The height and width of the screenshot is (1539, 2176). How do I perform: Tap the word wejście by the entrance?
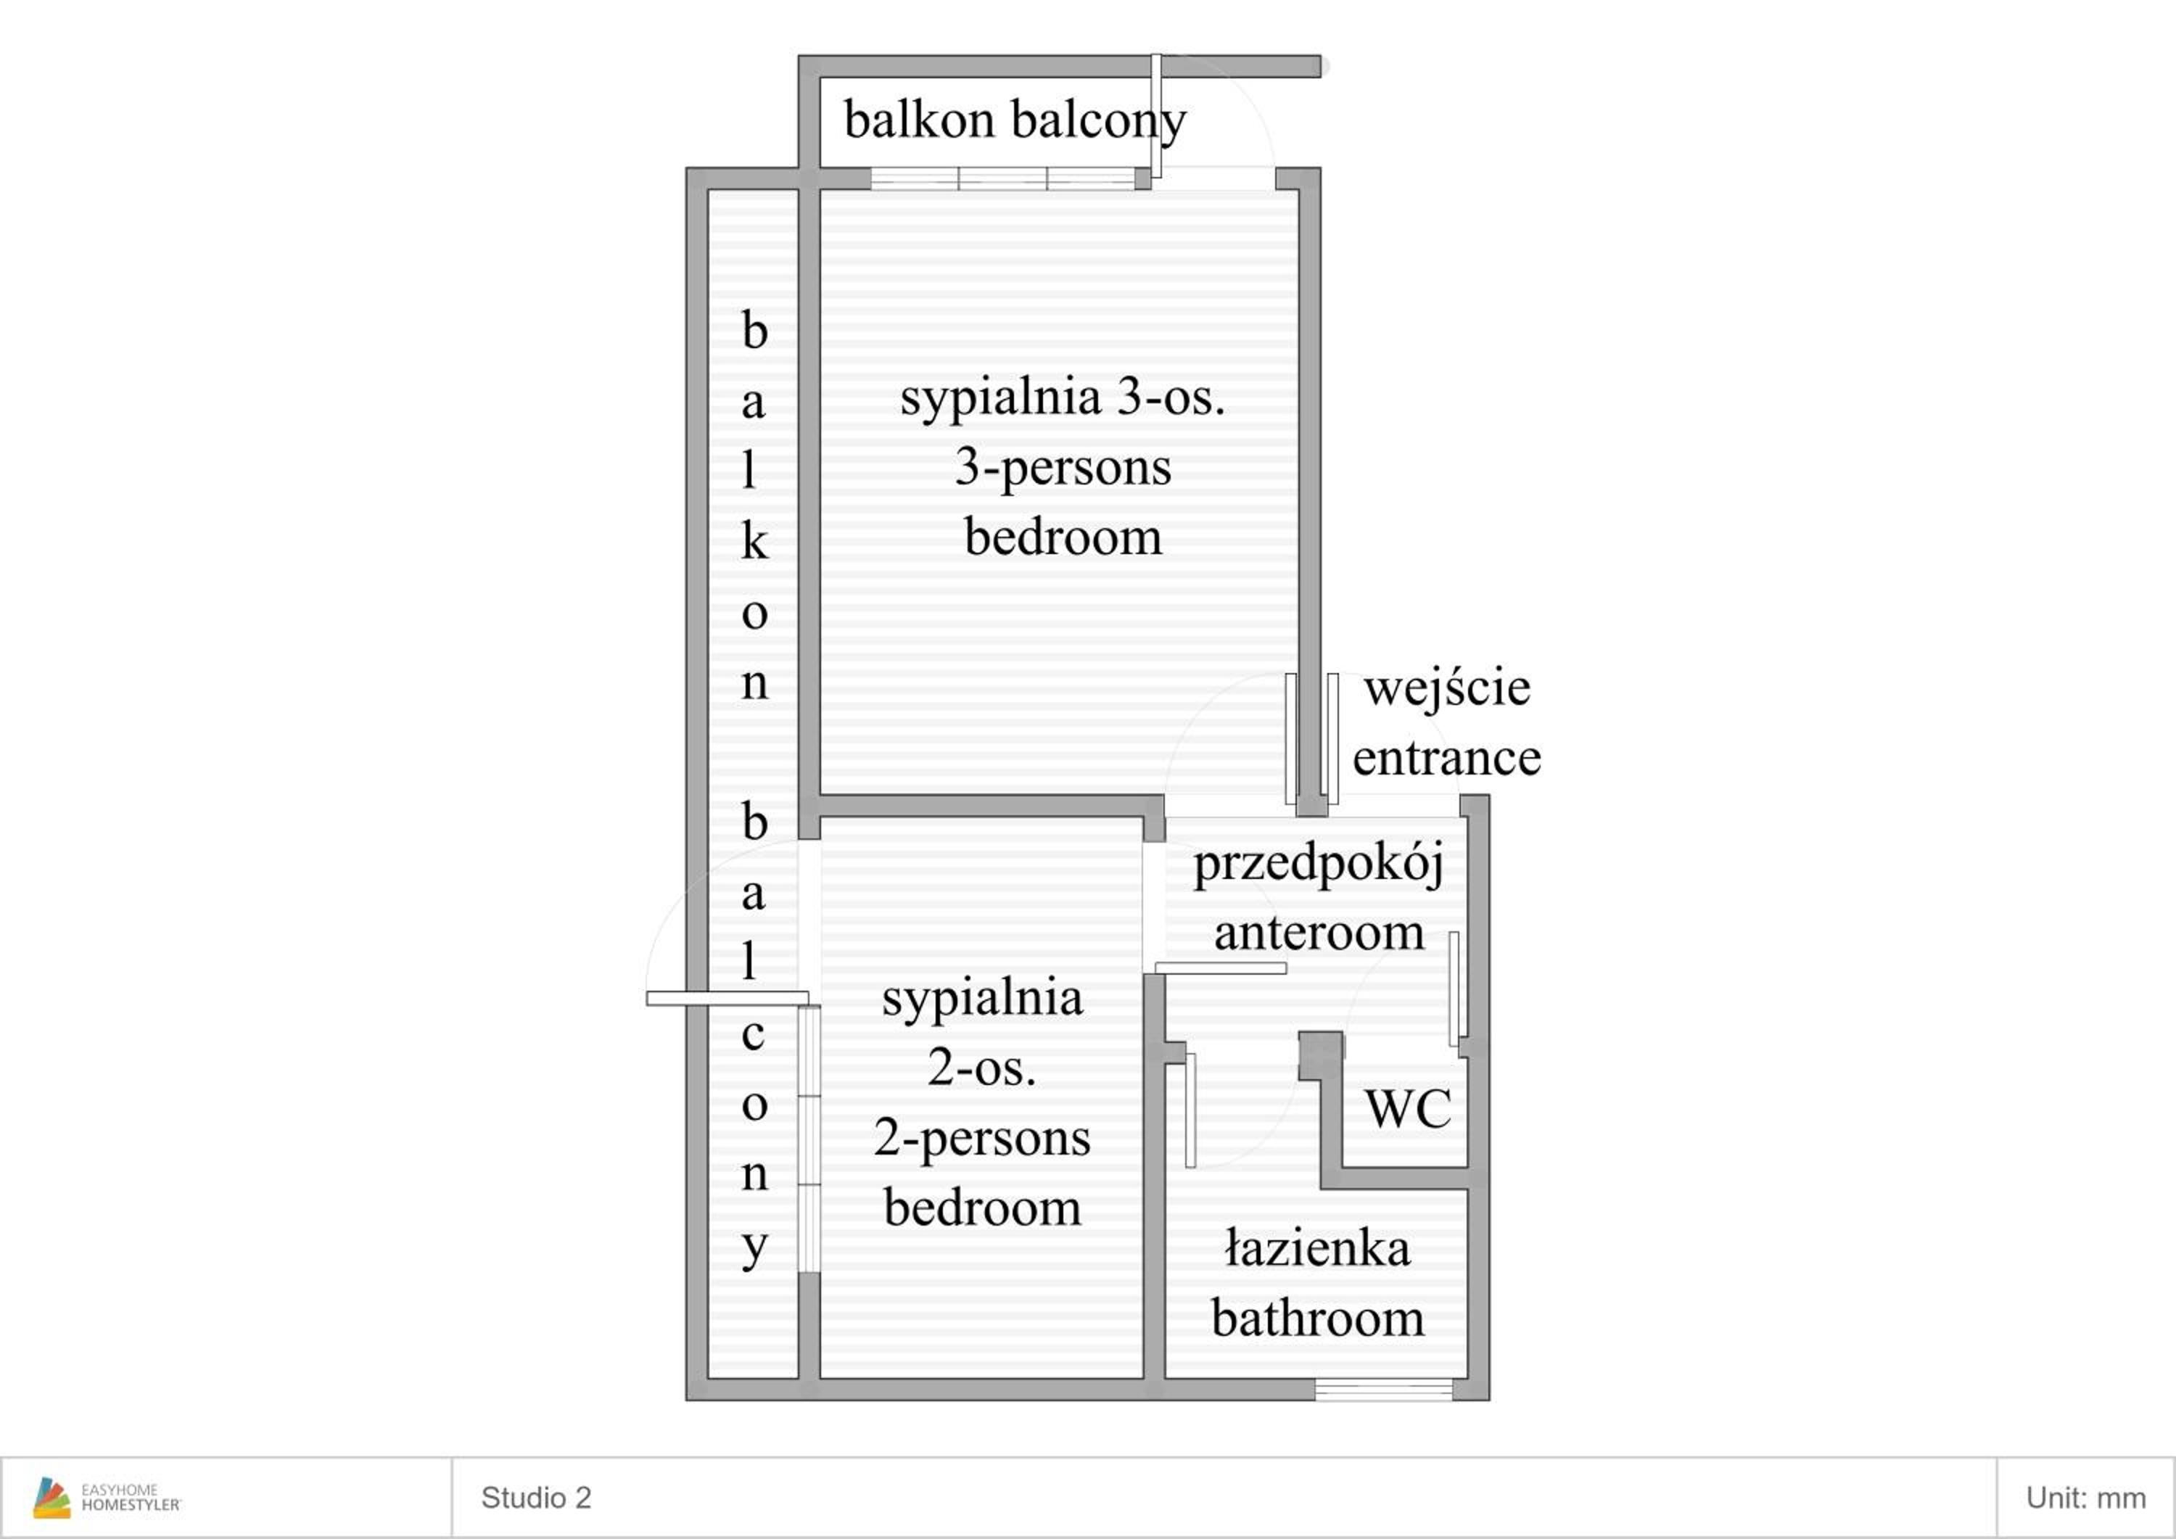[x=1446, y=688]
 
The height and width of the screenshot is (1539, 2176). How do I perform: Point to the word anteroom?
[x=1319, y=933]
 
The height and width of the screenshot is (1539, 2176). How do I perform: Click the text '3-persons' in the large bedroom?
[x=1063, y=468]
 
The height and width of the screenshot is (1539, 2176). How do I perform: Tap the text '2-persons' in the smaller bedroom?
[x=982, y=1138]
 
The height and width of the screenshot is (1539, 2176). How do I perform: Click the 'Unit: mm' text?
[x=2085, y=1498]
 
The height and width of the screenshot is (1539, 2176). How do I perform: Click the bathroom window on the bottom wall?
[x=1384, y=1390]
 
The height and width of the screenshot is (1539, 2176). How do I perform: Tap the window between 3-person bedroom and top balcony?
[x=1002, y=178]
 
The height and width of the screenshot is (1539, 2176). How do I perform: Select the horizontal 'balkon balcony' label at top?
[x=1015, y=121]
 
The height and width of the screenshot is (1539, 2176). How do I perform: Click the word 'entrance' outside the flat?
[x=1446, y=758]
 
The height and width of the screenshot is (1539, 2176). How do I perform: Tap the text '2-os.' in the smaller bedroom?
[x=982, y=1068]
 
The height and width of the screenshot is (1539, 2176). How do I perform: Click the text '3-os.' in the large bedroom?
[x=1171, y=397]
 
